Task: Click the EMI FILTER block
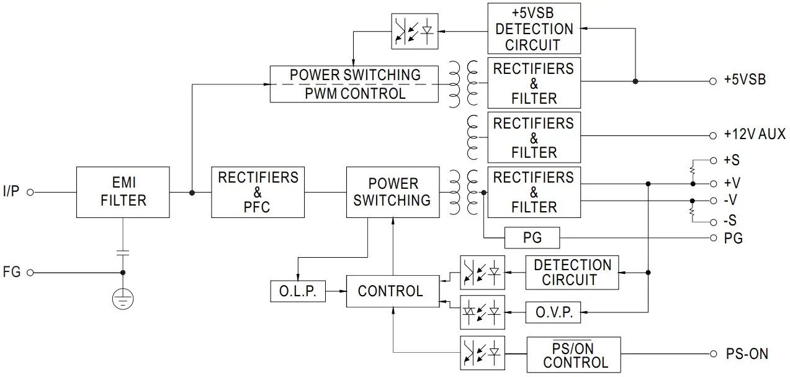(x=123, y=192)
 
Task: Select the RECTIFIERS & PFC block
(x=258, y=192)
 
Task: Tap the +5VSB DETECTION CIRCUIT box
(x=534, y=29)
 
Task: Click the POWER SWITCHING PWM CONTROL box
(x=354, y=84)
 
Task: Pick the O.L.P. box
(x=298, y=291)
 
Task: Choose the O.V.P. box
(x=554, y=312)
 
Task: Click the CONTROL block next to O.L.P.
(x=390, y=291)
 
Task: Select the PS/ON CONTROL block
(x=573, y=354)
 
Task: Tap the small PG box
(x=532, y=238)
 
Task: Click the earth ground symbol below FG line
(x=123, y=300)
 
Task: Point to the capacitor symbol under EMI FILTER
(x=123, y=253)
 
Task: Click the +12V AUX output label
(x=755, y=135)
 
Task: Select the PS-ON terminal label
(x=747, y=354)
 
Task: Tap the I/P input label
(x=11, y=193)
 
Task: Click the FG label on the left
(x=12, y=272)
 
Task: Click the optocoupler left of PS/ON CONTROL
(x=482, y=353)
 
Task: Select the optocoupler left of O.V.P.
(x=482, y=312)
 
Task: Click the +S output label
(x=732, y=160)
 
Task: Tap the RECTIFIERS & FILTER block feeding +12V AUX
(x=534, y=137)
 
